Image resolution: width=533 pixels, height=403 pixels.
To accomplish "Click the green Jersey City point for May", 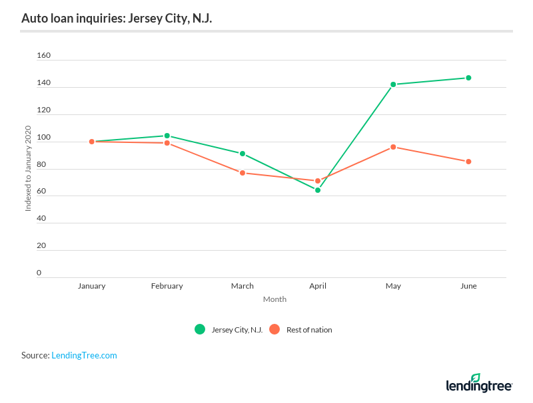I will point(393,84).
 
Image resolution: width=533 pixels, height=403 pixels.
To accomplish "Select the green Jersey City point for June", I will point(468,78).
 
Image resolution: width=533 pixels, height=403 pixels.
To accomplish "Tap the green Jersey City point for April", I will point(318,190).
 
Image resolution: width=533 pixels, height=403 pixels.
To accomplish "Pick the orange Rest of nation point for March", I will point(243,173).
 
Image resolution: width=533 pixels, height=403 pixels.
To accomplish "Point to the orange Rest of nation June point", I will point(468,162).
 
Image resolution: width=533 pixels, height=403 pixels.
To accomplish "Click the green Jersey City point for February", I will point(167,136).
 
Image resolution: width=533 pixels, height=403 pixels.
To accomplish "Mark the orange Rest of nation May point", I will point(393,147).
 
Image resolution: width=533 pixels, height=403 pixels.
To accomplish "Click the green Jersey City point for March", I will point(243,154).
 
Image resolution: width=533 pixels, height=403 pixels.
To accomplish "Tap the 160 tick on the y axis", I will point(43,56).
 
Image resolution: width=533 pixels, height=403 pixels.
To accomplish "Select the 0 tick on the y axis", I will point(39,273).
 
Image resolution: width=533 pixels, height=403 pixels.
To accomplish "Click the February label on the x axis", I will point(167,286).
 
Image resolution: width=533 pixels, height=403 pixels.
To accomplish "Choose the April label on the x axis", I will point(318,286).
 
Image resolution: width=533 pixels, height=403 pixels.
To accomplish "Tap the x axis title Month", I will point(274,299).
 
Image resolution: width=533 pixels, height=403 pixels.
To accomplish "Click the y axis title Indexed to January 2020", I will point(28,168).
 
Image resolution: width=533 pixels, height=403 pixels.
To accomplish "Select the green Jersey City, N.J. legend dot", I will point(199,329).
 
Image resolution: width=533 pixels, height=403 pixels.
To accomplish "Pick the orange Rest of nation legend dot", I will point(274,329).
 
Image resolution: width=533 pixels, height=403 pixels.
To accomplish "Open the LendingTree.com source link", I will point(84,356).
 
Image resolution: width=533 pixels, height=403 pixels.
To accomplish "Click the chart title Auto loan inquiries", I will point(117,18).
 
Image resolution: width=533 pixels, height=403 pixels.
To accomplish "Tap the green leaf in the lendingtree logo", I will point(475,378).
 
